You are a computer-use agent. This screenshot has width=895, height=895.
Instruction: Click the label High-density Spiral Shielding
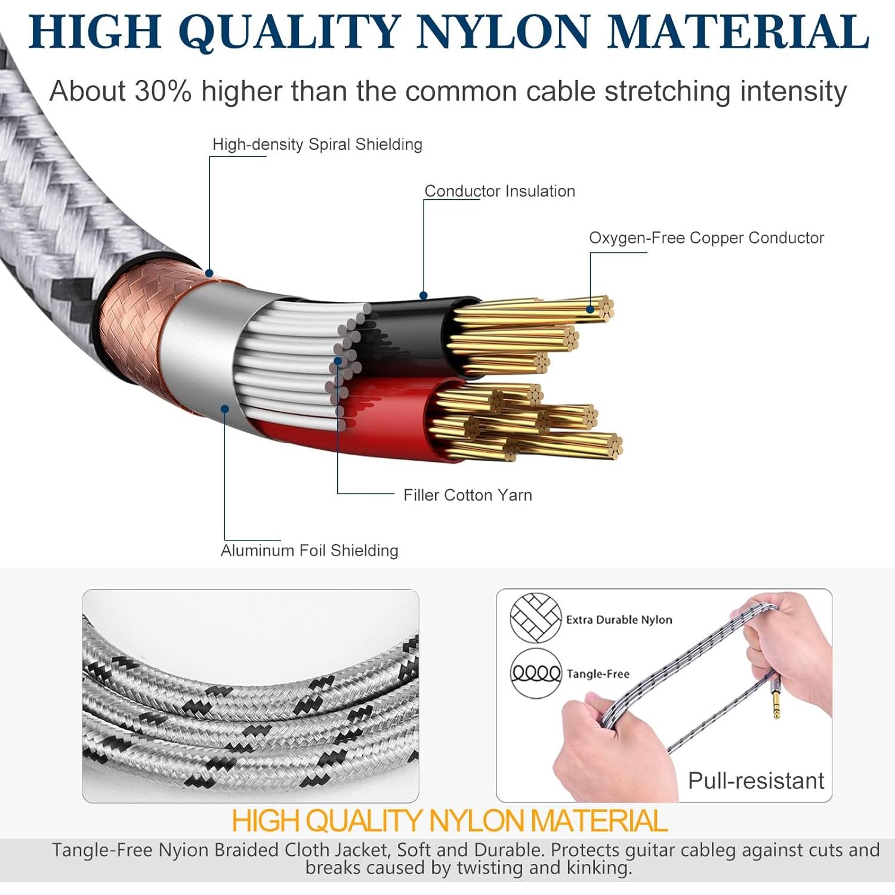(x=317, y=144)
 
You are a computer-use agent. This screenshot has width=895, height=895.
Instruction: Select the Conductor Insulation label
(x=500, y=191)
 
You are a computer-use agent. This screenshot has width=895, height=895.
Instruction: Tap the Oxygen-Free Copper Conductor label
(x=706, y=238)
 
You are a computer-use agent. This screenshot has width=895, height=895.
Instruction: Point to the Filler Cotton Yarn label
(x=468, y=495)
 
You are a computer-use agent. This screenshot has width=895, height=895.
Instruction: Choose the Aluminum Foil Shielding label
(x=310, y=550)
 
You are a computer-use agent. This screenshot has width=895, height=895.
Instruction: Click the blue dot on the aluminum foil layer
(x=225, y=409)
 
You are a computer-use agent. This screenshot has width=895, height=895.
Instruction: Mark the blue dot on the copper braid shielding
(x=209, y=273)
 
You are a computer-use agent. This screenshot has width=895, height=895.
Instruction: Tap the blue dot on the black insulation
(x=424, y=295)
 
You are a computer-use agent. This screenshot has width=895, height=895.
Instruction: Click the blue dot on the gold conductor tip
(x=590, y=309)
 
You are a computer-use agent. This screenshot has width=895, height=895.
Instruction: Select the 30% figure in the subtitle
(x=163, y=91)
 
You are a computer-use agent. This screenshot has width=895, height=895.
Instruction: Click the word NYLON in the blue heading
(x=504, y=31)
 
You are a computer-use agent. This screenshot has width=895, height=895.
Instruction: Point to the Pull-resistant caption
(x=756, y=780)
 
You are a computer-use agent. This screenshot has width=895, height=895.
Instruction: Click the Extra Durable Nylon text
(x=619, y=620)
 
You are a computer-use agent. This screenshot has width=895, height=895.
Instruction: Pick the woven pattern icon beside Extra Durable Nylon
(x=536, y=618)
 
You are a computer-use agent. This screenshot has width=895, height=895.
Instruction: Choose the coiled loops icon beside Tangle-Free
(x=536, y=674)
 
